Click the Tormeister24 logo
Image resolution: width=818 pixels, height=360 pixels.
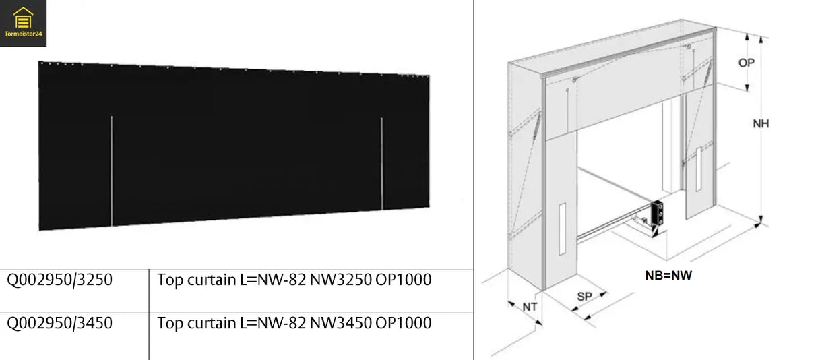(24, 23)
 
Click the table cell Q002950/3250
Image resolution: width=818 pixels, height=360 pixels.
(60, 280)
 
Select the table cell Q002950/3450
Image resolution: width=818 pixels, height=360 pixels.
(60, 323)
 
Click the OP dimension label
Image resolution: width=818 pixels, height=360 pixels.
(746, 63)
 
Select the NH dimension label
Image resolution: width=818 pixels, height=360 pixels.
(761, 124)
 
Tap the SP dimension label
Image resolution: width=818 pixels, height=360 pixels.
(584, 296)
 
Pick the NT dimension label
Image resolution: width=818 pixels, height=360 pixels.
(531, 307)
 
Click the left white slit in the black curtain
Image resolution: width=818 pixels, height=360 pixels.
(111, 171)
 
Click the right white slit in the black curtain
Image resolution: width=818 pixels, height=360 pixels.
(381, 163)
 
